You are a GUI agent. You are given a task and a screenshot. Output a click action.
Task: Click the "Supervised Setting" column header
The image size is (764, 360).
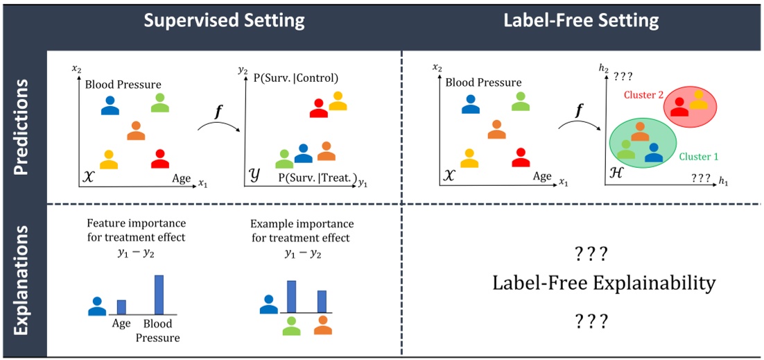click(x=224, y=20)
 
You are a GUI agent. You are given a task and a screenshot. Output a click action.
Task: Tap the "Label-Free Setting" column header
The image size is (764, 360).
click(x=581, y=20)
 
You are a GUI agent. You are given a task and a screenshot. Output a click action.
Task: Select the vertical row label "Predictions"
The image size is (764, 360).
click(x=22, y=126)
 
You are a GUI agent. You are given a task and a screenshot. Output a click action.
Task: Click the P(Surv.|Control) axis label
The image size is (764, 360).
click(x=297, y=78)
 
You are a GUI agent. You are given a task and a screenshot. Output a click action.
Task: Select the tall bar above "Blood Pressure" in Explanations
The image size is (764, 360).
click(x=159, y=295)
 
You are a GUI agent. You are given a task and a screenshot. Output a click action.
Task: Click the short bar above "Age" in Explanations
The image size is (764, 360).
click(x=121, y=307)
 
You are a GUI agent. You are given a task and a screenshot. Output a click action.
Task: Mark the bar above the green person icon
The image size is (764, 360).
click(x=292, y=297)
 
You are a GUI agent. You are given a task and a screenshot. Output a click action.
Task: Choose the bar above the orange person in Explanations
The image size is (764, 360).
click(x=322, y=302)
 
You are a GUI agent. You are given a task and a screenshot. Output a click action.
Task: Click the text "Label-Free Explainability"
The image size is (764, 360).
click(x=604, y=283)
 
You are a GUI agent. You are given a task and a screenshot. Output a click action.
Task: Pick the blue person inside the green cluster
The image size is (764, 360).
click(x=653, y=153)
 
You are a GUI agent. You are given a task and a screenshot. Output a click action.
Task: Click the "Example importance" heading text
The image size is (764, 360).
click(x=302, y=224)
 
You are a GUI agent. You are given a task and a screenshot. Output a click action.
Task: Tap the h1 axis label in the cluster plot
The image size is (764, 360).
click(x=723, y=181)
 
